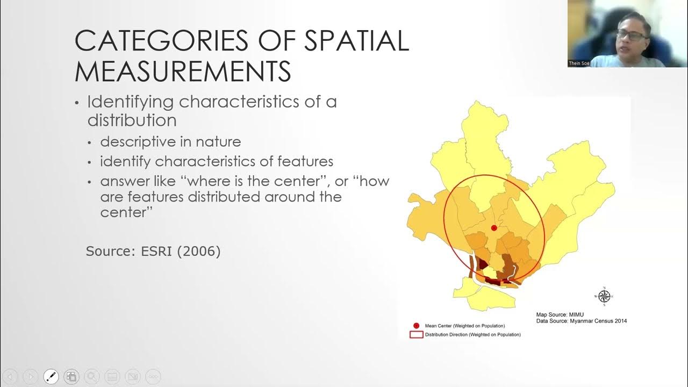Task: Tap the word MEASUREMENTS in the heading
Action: pos(183,71)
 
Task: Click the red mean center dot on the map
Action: pos(494,228)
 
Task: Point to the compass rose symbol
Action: pos(604,296)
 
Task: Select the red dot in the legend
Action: pos(416,326)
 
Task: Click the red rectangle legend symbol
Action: pos(416,334)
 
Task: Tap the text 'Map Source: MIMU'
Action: pos(560,314)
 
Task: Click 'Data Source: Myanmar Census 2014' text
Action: pos(581,321)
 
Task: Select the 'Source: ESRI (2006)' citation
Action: pos(153,251)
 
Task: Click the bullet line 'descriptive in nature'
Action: pos(170,142)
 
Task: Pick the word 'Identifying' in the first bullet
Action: pos(129,102)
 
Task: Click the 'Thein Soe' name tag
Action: pos(579,63)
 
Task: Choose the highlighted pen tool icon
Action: pos(51,376)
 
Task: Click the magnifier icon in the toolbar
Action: pos(91,376)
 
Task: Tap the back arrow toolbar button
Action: pos(11,376)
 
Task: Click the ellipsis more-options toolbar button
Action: pos(153,376)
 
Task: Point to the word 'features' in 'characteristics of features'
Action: pos(305,161)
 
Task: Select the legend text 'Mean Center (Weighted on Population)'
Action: pos(464,326)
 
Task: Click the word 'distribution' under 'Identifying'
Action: pos(132,120)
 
